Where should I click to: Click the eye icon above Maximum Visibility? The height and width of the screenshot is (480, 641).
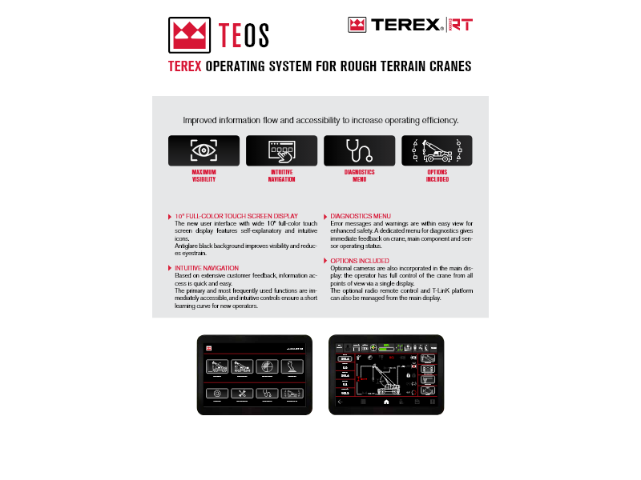point(204,150)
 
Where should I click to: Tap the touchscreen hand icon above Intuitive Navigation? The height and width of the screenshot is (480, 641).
point(281,150)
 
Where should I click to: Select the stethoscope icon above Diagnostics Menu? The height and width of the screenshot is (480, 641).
point(359,150)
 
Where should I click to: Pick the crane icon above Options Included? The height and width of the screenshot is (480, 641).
point(437,150)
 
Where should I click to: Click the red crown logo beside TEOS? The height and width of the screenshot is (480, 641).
point(189,34)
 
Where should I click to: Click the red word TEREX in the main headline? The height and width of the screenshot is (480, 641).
point(184,66)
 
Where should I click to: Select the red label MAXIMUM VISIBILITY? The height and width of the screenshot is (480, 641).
point(204,176)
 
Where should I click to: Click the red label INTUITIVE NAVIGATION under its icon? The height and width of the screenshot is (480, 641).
point(281,176)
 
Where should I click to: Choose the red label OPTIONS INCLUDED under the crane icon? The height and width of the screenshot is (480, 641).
point(437,176)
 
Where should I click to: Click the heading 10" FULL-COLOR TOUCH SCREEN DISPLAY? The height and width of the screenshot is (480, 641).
point(236,216)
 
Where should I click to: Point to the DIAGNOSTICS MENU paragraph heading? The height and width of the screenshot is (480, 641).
point(361,216)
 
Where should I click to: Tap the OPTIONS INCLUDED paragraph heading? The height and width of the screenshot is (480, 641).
point(360,261)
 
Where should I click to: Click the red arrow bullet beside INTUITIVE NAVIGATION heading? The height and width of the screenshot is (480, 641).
point(169,268)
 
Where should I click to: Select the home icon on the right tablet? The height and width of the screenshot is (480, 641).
point(385,402)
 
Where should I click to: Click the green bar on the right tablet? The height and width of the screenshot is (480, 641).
point(386,348)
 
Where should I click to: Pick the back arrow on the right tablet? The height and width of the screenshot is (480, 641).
point(339,402)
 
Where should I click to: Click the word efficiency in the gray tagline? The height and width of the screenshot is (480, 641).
point(437,121)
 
